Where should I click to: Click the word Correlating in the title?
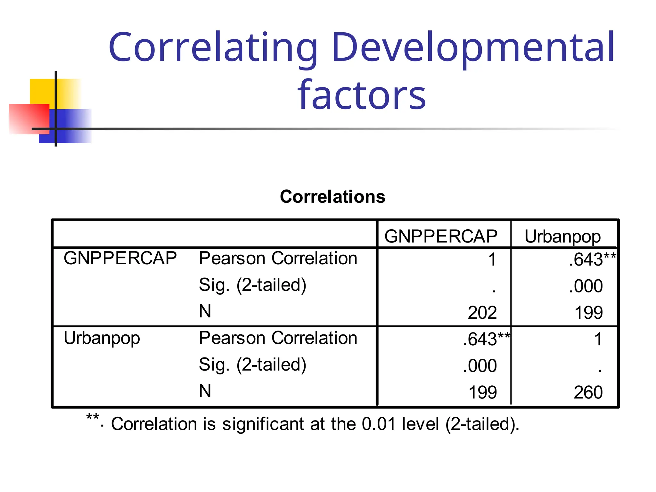tap(213, 47)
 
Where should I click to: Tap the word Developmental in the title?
tap(473, 47)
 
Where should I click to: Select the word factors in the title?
tap(362, 95)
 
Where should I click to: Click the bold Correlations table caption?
tap(332, 196)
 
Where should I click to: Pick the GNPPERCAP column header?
tap(441, 236)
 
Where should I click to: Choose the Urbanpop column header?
tap(562, 237)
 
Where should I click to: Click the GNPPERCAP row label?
tap(120, 258)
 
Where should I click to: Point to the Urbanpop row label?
tap(102, 338)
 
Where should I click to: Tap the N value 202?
tap(482, 313)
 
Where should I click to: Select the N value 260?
tap(588, 392)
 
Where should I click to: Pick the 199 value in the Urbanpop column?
tap(588, 313)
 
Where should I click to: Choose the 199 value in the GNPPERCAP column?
tap(482, 392)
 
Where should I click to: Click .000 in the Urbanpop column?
tap(586, 286)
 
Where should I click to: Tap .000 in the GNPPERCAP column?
tap(480, 366)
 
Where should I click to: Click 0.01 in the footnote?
tap(379, 424)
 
